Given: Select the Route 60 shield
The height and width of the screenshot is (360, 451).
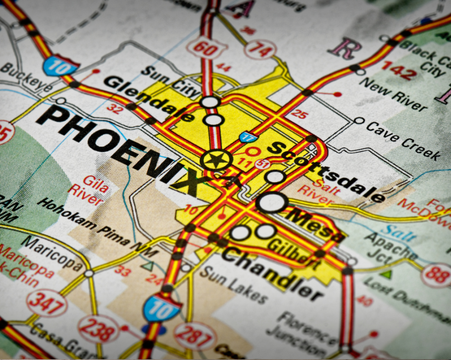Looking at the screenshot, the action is [x=206, y=48].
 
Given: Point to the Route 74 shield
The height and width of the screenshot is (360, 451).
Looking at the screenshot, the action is [x=260, y=49].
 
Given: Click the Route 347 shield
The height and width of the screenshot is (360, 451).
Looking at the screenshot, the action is [x=46, y=303].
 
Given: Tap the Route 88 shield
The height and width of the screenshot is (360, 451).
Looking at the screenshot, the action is [x=436, y=275].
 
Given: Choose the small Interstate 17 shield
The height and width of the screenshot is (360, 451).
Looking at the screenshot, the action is [x=249, y=136].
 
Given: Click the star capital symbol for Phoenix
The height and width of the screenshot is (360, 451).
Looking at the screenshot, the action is [x=216, y=160].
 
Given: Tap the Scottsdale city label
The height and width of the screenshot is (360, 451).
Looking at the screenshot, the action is [x=326, y=171].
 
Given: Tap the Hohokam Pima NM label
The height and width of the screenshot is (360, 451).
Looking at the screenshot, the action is [x=97, y=228].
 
